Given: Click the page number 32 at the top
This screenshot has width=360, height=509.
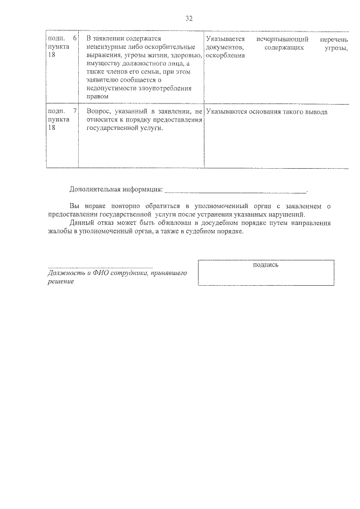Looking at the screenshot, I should [x=189, y=19].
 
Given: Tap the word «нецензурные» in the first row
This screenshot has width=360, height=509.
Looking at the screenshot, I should [x=106, y=47].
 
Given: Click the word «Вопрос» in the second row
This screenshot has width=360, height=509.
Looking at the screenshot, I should [x=98, y=112].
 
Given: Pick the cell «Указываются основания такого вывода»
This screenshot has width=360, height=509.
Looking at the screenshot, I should [x=267, y=112].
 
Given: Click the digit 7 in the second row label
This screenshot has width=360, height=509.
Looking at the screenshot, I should [x=75, y=112].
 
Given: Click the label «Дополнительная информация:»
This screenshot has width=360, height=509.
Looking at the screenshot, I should [x=116, y=188].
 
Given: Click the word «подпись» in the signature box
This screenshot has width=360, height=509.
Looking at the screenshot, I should [x=266, y=265].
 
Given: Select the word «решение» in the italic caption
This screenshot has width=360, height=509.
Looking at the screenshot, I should [x=61, y=281].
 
